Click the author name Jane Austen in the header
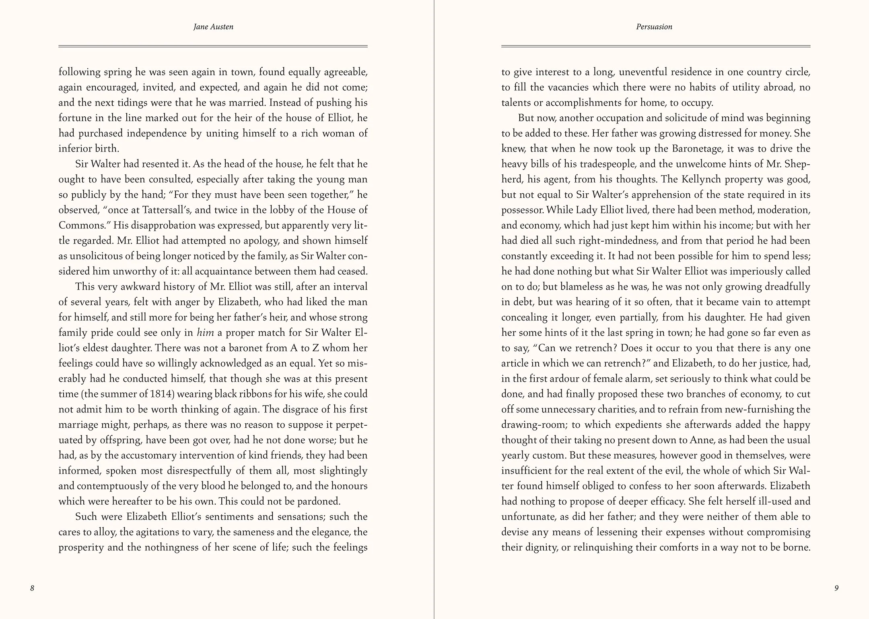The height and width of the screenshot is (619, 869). coord(213,27)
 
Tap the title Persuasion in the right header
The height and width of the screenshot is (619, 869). coord(654,27)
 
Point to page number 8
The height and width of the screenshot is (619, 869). coord(32,588)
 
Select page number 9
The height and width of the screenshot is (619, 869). coord(836,588)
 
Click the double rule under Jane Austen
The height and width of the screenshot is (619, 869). coord(213,46)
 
